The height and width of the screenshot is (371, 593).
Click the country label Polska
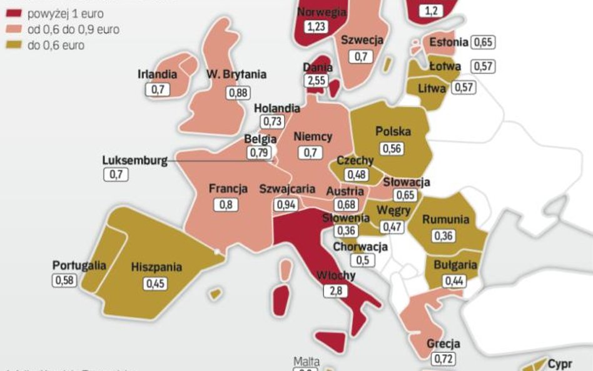[393, 131]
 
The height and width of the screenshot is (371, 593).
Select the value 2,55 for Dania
[317, 81]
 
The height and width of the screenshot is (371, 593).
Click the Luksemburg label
[135, 160]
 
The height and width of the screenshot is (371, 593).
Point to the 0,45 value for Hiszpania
[156, 283]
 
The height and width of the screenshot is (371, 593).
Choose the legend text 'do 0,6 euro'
[56, 45]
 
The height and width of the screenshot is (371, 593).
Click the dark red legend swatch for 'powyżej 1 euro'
[13, 14]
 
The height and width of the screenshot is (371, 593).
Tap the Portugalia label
[79, 265]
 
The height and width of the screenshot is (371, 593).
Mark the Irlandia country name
[157, 74]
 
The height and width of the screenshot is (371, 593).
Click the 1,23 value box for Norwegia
[317, 26]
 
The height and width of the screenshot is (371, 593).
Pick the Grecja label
[443, 343]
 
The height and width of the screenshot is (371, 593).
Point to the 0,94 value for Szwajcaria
[286, 204]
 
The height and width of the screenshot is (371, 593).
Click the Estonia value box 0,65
[483, 43]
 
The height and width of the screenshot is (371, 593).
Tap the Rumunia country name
[445, 220]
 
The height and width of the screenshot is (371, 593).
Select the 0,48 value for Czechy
[357, 175]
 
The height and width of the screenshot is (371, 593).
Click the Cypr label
[560, 363]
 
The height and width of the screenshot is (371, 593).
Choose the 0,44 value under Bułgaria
[455, 281]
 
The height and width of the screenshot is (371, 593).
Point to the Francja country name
[228, 188]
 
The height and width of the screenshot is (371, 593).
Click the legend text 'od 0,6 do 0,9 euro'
[73, 29]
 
